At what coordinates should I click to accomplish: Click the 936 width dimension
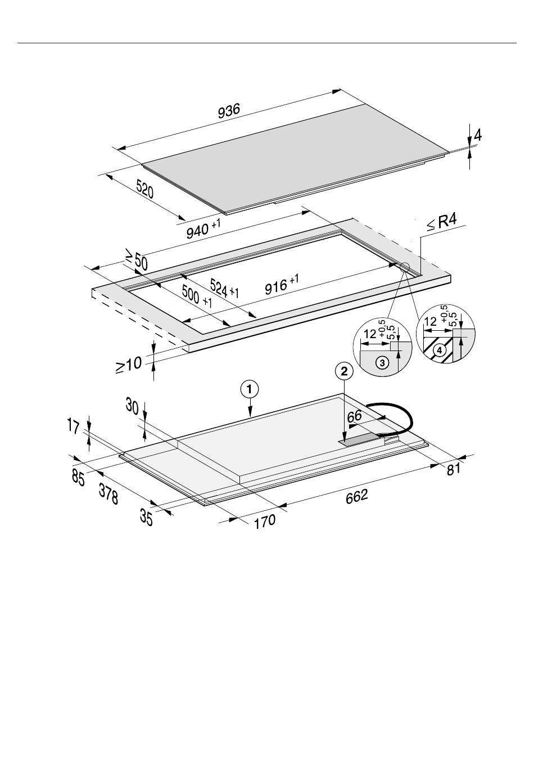tap(229, 111)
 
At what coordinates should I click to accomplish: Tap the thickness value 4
tap(477, 136)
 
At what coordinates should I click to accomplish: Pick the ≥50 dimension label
tap(135, 261)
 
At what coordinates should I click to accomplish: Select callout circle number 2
tap(344, 371)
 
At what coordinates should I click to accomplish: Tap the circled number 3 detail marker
tap(383, 363)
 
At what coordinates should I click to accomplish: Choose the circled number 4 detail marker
tap(441, 349)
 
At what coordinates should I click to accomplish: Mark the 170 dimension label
tap(264, 522)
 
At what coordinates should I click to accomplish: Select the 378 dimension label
tap(108, 493)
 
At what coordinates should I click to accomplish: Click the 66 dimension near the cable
tap(354, 417)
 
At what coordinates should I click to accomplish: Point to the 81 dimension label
tap(454, 468)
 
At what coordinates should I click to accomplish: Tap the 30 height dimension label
tap(133, 406)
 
